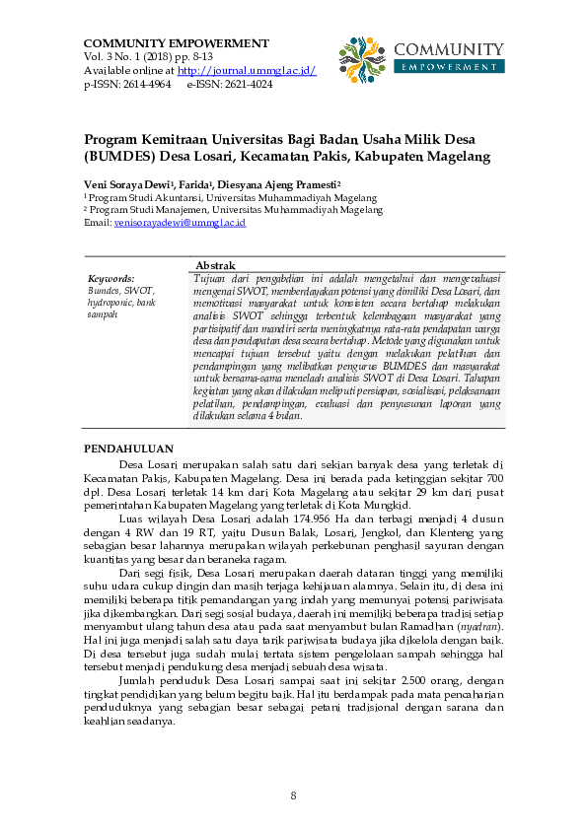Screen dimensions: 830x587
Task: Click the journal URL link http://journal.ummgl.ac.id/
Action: [247, 72]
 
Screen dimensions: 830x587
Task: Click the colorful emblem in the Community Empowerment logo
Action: [361, 59]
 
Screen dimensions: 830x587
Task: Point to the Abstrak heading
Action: [215, 266]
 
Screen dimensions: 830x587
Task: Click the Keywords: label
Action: [110, 279]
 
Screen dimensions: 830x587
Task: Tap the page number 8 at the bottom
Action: [293, 795]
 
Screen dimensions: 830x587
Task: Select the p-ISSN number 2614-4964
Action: [147, 85]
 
